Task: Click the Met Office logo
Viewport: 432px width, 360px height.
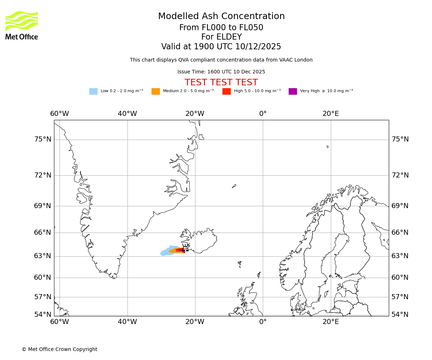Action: [x=22, y=25]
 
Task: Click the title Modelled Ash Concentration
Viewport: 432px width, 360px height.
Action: [x=221, y=17]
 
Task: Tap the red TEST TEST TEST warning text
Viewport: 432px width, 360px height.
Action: [x=221, y=82]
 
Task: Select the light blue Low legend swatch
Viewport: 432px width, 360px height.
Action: [x=93, y=91]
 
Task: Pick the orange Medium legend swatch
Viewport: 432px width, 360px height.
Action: [x=156, y=91]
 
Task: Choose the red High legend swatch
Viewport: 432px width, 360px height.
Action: [x=226, y=91]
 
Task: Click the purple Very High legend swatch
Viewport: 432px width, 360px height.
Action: [x=293, y=91]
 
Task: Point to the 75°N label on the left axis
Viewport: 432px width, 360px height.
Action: [x=42, y=139]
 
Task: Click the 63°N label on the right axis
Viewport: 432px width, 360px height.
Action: [x=400, y=256]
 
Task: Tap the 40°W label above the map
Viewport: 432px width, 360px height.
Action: [x=127, y=114]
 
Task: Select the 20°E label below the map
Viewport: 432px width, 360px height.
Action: [x=330, y=321]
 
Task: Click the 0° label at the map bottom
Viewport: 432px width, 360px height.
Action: [x=263, y=321]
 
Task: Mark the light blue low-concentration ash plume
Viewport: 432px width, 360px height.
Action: [x=166, y=251]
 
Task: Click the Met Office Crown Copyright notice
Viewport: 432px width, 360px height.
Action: [x=59, y=349]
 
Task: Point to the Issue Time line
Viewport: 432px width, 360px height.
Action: [x=221, y=72]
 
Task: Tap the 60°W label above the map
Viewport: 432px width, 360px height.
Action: [x=59, y=114]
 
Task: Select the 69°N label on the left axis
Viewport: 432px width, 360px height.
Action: [x=42, y=206]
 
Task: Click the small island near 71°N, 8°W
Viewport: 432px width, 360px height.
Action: [x=234, y=186]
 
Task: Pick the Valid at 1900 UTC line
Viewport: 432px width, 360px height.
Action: [x=221, y=47]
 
